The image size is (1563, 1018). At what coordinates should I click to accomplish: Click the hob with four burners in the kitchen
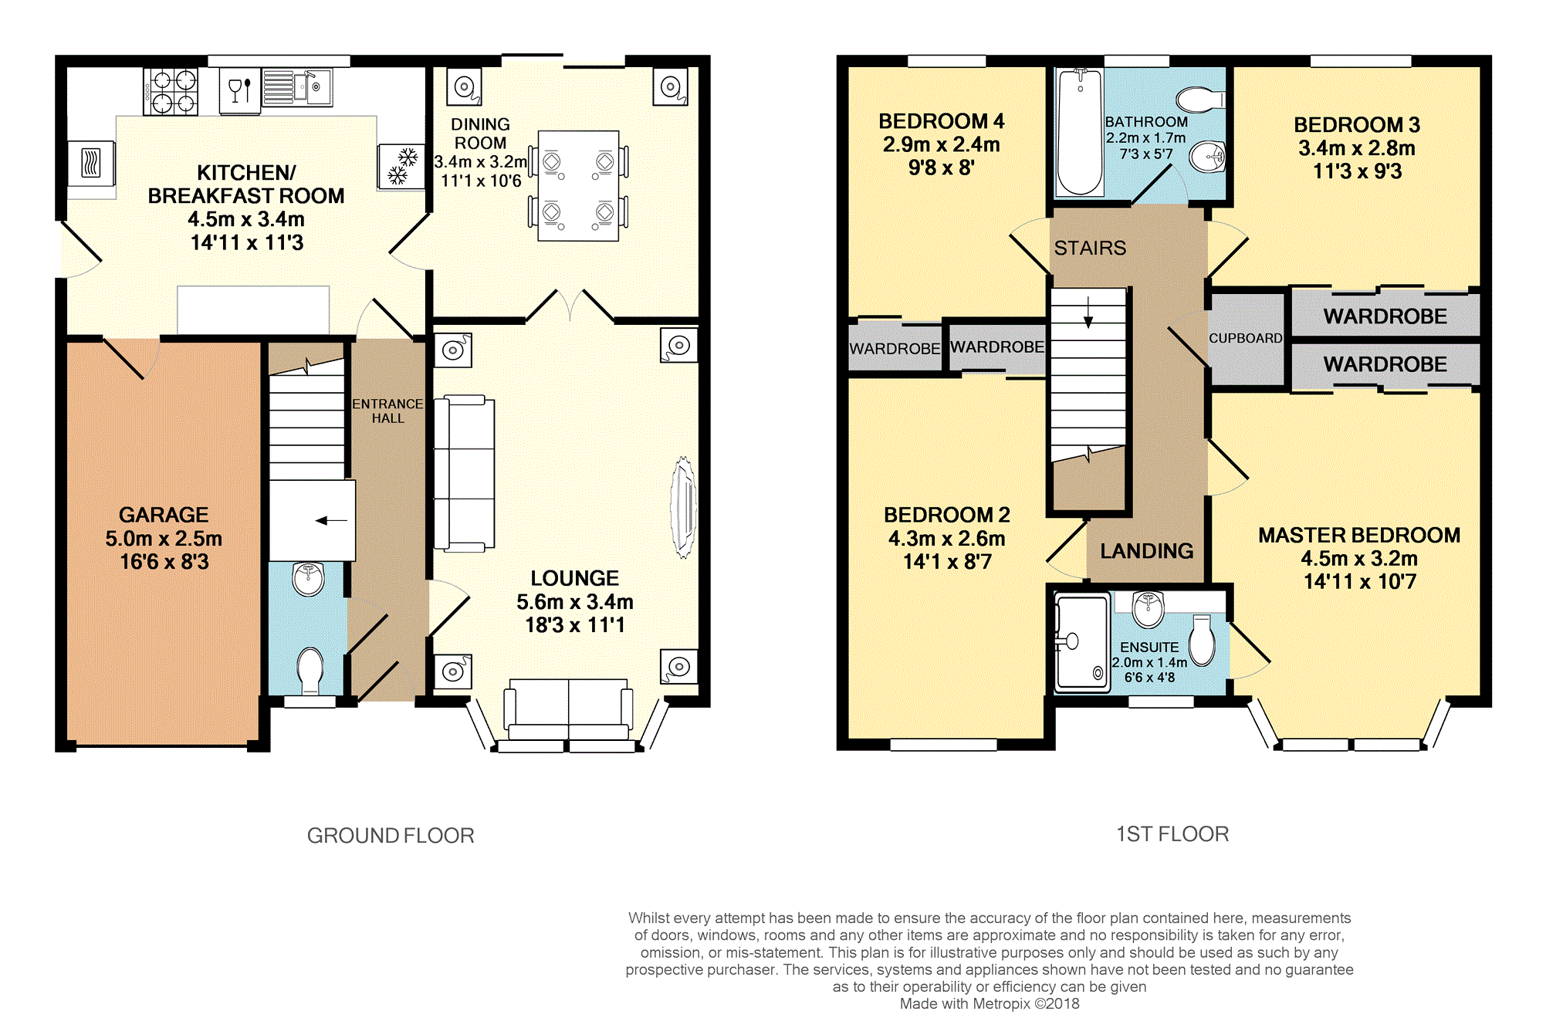coord(171,91)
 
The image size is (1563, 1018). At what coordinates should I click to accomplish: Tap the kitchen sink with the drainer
coord(297,87)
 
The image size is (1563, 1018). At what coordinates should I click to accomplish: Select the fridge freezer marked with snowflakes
coord(401,167)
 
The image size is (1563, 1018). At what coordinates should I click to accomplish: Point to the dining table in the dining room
coord(578,186)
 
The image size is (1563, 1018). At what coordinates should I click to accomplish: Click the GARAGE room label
coord(164,515)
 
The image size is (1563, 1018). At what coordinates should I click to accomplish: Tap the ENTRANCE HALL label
coord(387,411)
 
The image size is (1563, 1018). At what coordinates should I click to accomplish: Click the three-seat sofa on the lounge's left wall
coord(464,474)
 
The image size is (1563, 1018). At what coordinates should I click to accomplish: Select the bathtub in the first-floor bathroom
coord(1080,132)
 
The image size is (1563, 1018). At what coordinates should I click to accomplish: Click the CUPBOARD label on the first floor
coord(1246,338)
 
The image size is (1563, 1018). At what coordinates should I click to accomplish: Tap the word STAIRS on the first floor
coord(1090,248)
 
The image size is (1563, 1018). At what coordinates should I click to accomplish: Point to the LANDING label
coord(1147,551)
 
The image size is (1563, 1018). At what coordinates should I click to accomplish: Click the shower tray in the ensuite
coord(1082,642)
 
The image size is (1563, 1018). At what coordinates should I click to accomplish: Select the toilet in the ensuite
coord(1203,640)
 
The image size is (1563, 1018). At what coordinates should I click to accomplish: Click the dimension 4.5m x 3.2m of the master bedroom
coord(1359,558)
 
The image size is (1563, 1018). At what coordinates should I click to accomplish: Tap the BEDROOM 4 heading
coord(942,121)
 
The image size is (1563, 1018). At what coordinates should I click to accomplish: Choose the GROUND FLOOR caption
coord(391,835)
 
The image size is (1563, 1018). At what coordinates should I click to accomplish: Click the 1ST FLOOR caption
coord(1172,834)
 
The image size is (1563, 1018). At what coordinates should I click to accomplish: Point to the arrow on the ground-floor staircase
coord(331,521)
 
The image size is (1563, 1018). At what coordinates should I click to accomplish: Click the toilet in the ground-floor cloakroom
coord(310,670)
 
